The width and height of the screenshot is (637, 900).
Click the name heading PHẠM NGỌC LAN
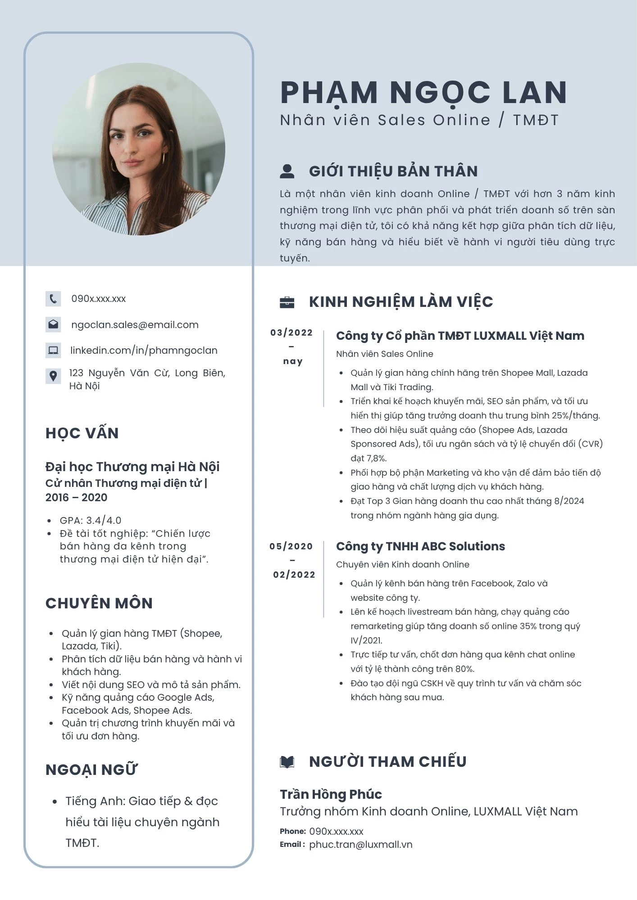[x=423, y=93]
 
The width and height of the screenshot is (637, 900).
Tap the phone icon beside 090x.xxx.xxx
[x=53, y=299]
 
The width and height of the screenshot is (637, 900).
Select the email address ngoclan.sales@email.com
[x=135, y=325]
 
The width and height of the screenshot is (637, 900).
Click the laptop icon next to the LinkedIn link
[x=53, y=350]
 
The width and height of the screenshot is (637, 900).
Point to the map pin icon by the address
[x=53, y=376]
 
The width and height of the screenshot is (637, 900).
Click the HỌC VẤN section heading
[x=82, y=433]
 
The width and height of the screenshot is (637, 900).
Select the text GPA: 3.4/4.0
[x=91, y=521]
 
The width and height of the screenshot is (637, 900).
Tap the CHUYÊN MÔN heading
[x=99, y=603]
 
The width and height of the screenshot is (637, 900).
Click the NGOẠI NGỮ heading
[x=91, y=770]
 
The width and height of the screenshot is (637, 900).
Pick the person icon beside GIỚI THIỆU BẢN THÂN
[x=287, y=171]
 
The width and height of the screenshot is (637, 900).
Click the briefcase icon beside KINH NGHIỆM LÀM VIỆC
[x=287, y=302]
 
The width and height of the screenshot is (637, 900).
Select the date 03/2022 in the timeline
[x=291, y=333]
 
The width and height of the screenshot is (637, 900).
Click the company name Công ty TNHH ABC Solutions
[x=420, y=546]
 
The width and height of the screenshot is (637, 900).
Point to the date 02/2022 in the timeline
[x=294, y=575]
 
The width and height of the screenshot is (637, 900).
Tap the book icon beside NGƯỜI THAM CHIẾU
[x=287, y=762]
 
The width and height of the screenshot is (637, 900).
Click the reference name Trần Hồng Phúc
[x=331, y=794]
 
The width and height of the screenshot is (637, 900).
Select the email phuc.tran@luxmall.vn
[x=360, y=845]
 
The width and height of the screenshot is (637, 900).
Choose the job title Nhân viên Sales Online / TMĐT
[x=419, y=120]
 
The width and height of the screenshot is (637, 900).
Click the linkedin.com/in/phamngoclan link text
[x=144, y=350]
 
